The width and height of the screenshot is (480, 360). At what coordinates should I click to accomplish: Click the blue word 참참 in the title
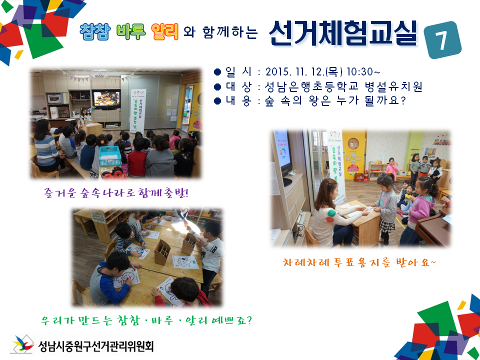(95, 32)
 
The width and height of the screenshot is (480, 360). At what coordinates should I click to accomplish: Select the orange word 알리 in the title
(164, 32)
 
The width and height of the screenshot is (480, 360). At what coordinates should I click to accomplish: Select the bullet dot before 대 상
(217, 86)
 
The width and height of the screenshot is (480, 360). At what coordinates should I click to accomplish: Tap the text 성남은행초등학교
(311, 86)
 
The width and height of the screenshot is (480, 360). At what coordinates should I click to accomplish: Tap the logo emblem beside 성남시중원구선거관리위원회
(22, 344)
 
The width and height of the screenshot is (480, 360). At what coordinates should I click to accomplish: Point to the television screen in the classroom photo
(106, 99)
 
